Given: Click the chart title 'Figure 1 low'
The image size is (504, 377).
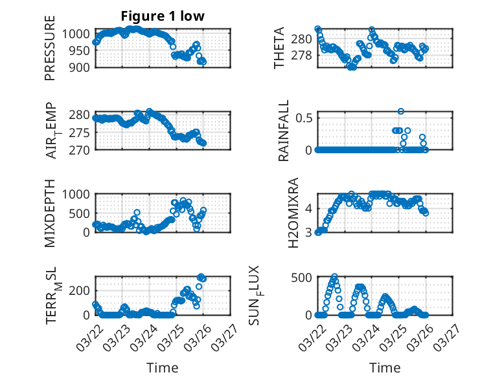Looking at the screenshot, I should [x=163, y=16].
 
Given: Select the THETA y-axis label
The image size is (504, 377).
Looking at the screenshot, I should [x=279, y=48].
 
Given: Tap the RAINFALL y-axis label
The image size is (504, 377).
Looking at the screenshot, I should [x=284, y=131].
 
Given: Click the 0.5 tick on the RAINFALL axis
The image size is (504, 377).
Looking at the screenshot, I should [x=304, y=118].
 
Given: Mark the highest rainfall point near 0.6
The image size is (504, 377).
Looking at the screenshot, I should [x=401, y=111].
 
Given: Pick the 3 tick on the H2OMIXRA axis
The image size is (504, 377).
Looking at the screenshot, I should [x=309, y=232].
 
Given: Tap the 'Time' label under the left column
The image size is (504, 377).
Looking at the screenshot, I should [x=163, y=367].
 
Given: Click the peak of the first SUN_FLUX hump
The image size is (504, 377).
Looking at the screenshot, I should [x=334, y=277].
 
